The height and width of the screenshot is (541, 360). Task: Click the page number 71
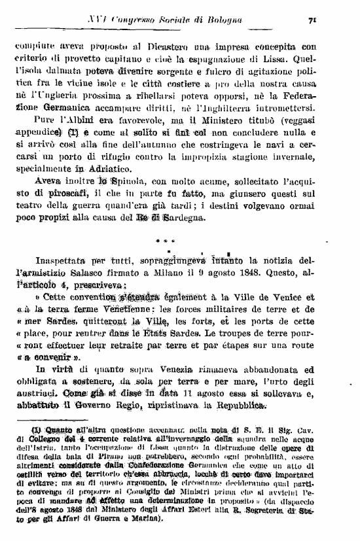(x=314, y=20)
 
